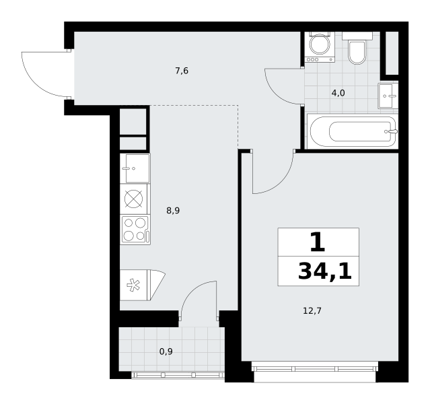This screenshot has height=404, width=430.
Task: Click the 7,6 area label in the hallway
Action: tap(182, 71)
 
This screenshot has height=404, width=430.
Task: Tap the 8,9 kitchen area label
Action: tap(173, 211)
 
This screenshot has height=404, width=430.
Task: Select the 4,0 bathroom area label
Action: tap(338, 94)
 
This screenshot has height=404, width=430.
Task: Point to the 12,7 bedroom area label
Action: tap(312, 311)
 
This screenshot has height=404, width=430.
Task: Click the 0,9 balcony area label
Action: tap(166, 351)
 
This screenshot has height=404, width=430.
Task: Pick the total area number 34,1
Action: tap(325, 271)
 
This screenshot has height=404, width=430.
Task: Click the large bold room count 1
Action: tap(318, 242)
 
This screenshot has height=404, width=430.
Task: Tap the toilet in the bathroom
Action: tap(357, 48)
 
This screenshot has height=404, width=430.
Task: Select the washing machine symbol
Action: tap(320, 47)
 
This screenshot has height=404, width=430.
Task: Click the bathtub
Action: tap(353, 131)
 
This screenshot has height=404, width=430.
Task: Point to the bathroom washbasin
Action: tap(388, 96)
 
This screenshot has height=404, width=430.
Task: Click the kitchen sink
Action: tap(135, 168)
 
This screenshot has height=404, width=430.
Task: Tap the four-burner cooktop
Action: tap(135, 230)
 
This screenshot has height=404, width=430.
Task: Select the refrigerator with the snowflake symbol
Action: tap(143, 285)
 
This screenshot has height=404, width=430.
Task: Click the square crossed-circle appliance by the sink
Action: tap(133, 199)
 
